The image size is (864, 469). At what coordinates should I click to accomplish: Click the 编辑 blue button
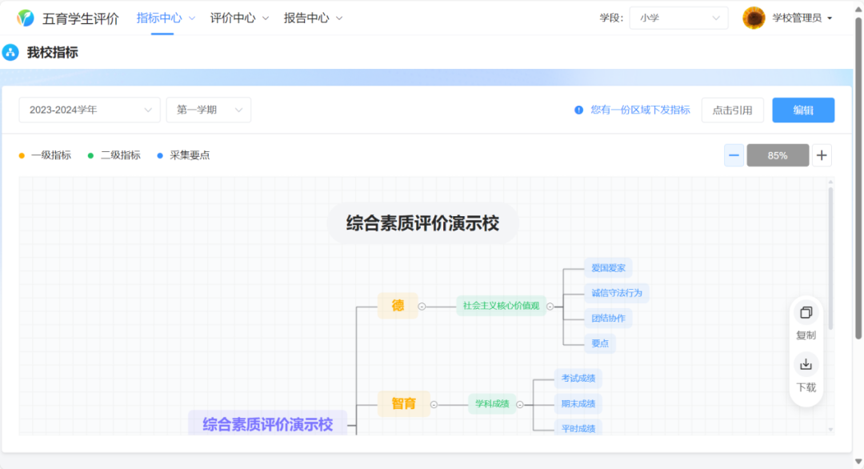[802, 110]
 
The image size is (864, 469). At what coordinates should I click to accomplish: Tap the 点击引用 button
[732, 110]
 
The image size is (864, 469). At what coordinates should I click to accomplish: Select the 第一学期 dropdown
[208, 110]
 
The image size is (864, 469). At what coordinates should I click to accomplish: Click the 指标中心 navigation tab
[159, 18]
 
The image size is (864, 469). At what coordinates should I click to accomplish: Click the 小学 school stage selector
[678, 18]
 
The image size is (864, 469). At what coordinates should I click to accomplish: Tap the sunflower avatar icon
[754, 18]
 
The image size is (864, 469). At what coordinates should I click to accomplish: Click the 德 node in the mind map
[398, 306]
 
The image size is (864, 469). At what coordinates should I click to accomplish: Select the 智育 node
[403, 404]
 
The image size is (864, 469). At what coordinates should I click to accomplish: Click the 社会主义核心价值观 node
[501, 306]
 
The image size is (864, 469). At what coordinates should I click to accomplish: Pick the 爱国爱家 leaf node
[608, 268]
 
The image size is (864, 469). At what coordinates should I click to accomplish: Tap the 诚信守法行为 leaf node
[616, 293]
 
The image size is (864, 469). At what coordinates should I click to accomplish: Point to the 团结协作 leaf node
[608, 319]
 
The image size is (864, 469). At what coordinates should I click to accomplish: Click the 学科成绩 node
[492, 404]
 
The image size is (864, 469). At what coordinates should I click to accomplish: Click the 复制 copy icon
[806, 313]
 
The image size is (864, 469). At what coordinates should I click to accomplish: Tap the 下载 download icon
[806, 365]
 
